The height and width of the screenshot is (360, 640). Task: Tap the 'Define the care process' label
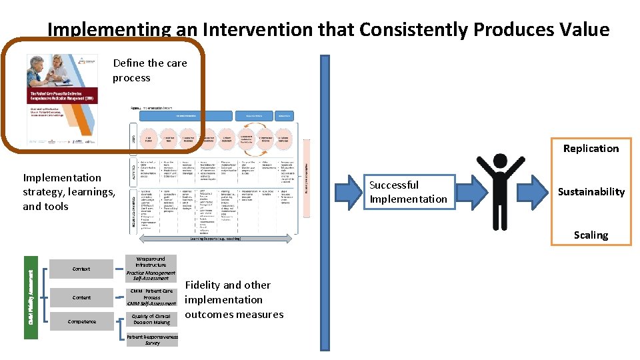149,70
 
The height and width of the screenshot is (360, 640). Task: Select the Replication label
591,148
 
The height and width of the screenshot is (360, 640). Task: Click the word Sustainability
591,192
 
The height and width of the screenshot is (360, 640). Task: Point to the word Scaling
591,235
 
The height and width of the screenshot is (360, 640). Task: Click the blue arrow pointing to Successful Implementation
347,190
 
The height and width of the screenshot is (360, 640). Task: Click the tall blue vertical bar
325,200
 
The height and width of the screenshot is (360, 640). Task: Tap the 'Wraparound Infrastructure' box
151,262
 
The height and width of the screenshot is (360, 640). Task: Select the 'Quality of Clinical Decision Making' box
151,319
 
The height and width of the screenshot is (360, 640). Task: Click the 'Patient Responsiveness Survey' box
152,340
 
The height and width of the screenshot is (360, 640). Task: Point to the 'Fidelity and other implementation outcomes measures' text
234,299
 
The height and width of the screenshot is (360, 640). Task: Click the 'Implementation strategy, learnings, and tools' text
69,192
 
